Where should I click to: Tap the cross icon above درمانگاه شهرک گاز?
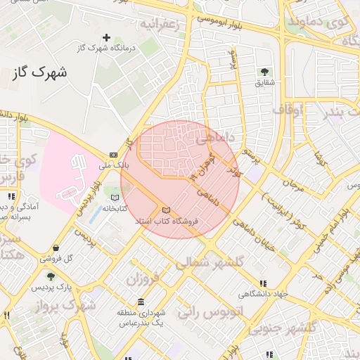tap(106, 37)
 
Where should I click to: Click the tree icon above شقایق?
tap(264, 72)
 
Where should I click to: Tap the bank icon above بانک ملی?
tap(113, 155)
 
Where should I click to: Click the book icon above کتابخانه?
tap(115, 198)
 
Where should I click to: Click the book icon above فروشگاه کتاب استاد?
tap(166, 210)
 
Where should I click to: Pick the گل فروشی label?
tap(59, 259)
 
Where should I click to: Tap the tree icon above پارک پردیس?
tap(50, 277)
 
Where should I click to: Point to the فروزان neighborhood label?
tap(143, 278)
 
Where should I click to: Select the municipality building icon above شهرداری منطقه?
tap(141, 303)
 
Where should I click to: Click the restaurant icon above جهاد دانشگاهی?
tap(262, 283)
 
